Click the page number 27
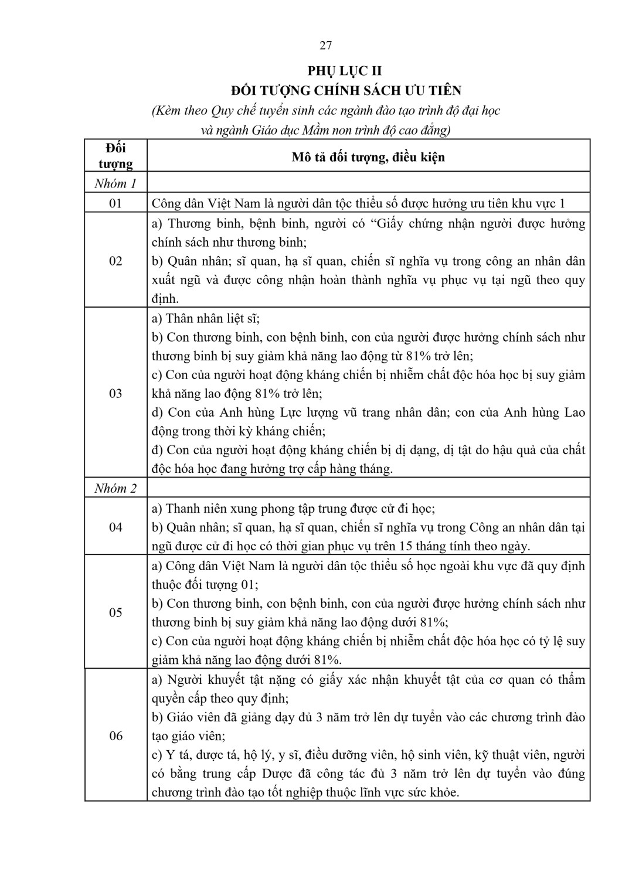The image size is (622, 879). [x=326, y=46]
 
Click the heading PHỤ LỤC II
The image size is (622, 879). [x=345, y=71]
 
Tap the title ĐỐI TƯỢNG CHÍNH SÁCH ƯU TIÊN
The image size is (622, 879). [x=346, y=90]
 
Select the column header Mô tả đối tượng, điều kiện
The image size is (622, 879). [x=368, y=156]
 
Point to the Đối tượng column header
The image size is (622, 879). [x=115, y=156]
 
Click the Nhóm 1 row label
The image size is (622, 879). [x=115, y=184]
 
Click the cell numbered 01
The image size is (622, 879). [x=115, y=203]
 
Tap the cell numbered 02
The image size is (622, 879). [x=115, y=261]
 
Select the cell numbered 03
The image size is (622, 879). [x=115, y=393]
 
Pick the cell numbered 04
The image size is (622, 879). [x=115, y=527]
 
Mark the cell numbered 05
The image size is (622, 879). [x=115, y=613]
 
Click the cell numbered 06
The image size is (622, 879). [x=115, y=736]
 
